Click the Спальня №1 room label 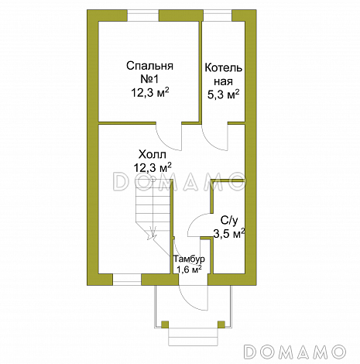[149, 72]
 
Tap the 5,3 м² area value [224, 94]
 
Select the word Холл [153, 155]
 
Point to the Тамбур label [189, 259]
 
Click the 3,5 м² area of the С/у [229, 233]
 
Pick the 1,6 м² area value [189, 270]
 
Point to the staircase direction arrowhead [153, 234]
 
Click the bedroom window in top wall [142, 15]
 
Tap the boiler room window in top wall [218, 15]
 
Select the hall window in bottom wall [127, 280]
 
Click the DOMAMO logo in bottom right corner [295, 352]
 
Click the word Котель [224, 68]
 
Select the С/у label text [229, 221]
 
